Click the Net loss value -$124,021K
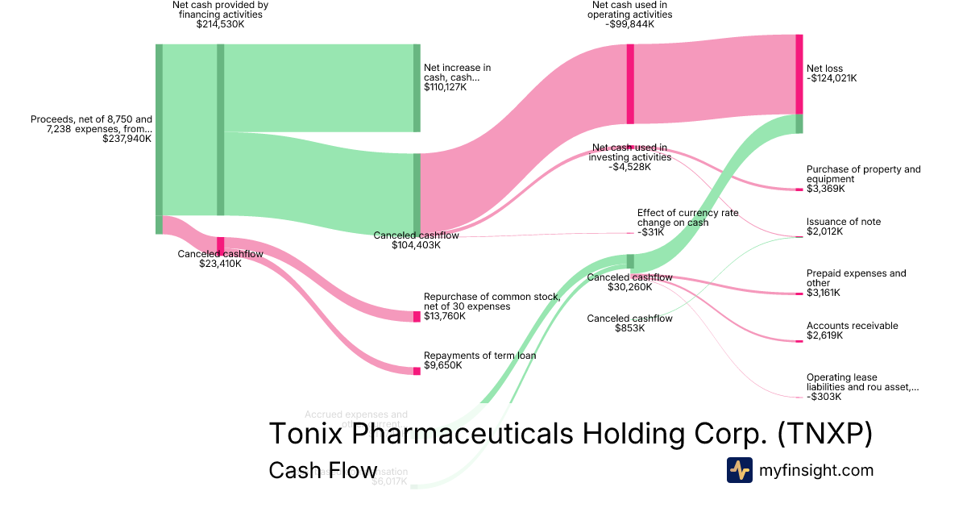point(832,79)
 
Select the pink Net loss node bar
point(799,74)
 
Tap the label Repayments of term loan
point(479,356)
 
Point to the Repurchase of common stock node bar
point(417,316)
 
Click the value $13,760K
point(443,316)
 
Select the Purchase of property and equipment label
point(863,174)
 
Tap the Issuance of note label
point(844,222)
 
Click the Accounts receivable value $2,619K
point(825,335)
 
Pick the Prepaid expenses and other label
point(856,278)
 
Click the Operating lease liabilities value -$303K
point(824,397)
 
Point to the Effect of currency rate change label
point(687,218)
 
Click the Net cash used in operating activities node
point(630,84)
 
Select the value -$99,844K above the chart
point(629,24)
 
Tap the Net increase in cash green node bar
point(417,88)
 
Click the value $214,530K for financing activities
point(220,24)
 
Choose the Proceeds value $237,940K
point(127,139)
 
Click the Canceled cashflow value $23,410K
point(220,264)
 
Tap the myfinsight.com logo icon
point(739,470)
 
